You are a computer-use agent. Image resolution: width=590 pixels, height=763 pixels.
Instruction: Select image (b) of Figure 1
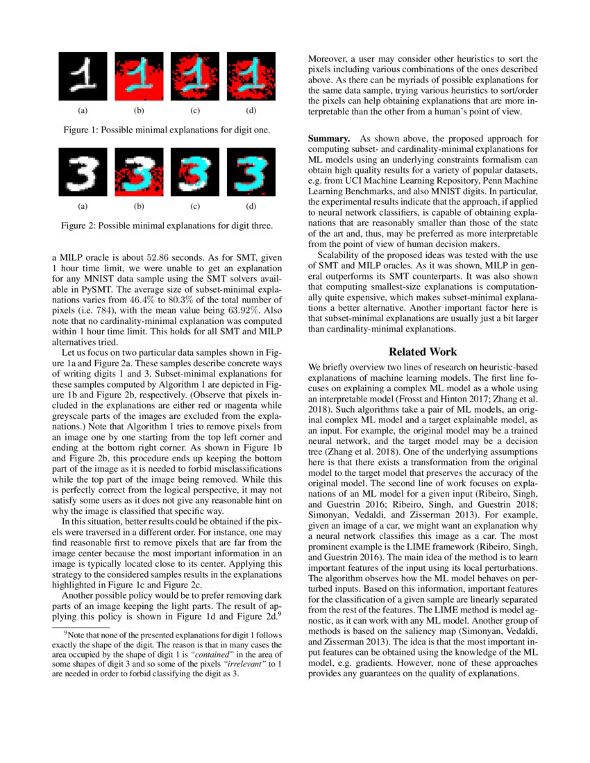coord(139,76)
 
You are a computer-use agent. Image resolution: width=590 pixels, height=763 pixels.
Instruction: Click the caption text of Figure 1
coord(167,130)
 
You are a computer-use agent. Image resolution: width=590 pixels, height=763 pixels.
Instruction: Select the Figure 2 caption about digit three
coord(167,225)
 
